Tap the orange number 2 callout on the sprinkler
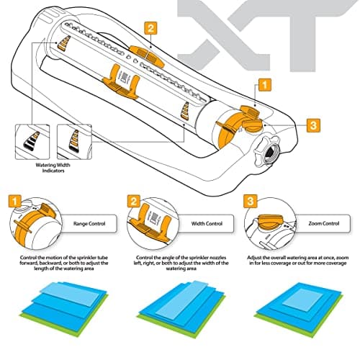pyautogui.click(x=150, y=29)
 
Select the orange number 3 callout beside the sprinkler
pyautogui.click(x=313, y=125)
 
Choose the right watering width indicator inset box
pyautogui.click(x=76, y=140)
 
